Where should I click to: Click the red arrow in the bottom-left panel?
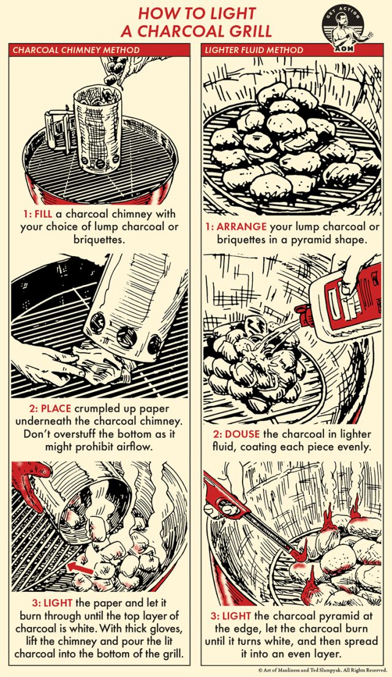coord(80,569)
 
